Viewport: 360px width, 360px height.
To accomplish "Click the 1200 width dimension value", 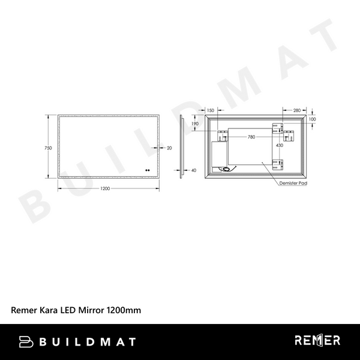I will point(105,188).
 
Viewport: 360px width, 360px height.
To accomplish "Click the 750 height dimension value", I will point(49,147).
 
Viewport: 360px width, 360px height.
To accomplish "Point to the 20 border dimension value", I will point(169,147).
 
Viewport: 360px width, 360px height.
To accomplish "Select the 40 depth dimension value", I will point(193,170).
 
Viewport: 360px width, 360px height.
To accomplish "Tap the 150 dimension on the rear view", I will point(211,110).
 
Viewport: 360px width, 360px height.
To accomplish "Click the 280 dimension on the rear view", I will point(296,110).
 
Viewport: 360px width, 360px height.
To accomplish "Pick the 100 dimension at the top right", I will point(312,119).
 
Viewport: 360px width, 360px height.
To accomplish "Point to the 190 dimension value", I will point(195,124).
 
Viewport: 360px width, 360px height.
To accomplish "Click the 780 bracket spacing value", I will point(251,137).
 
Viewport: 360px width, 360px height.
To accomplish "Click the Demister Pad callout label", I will point(293,185).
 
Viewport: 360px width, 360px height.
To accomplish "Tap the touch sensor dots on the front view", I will point(146,169).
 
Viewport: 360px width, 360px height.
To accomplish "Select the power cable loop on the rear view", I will point(226,169).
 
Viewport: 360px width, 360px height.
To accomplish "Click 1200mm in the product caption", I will point(124,310).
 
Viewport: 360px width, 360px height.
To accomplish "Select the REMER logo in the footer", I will point(317,341).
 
